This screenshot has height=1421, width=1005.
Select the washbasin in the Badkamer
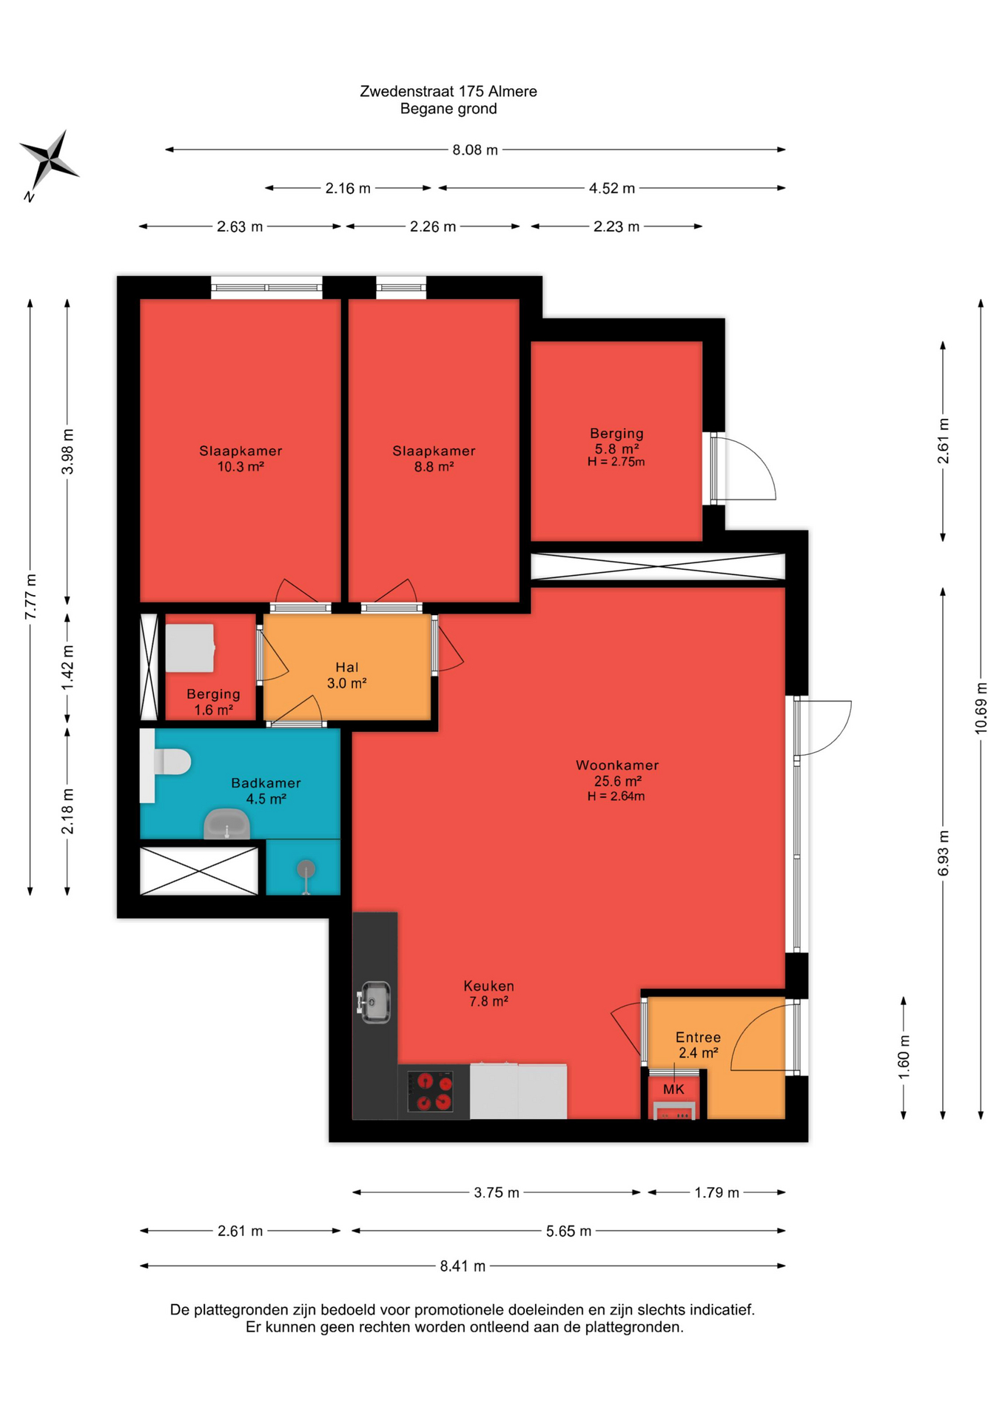[226, 824]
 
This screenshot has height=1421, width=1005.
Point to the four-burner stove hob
[434, 1091]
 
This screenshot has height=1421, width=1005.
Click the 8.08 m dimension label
[475, 150]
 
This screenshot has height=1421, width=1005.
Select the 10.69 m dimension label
[981, 708]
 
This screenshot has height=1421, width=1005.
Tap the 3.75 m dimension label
[497, 1192]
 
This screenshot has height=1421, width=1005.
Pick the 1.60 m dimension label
[904, 1057]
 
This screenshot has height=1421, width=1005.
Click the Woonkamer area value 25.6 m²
[617, 781]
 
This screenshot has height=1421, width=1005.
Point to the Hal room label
[347, 667]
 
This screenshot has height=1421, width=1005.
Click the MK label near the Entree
[673, 1089]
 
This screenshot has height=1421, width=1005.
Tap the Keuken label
[488, 986]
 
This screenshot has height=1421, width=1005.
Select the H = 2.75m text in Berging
[616, 462]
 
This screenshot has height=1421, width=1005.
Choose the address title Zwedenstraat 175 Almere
[448, 91]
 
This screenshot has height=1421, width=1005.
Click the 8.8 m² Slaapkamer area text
[434, 466]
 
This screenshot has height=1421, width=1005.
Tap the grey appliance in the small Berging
[190, 648]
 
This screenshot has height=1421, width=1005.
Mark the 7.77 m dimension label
[30, 597]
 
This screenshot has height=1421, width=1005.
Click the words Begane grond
[448, 109]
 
